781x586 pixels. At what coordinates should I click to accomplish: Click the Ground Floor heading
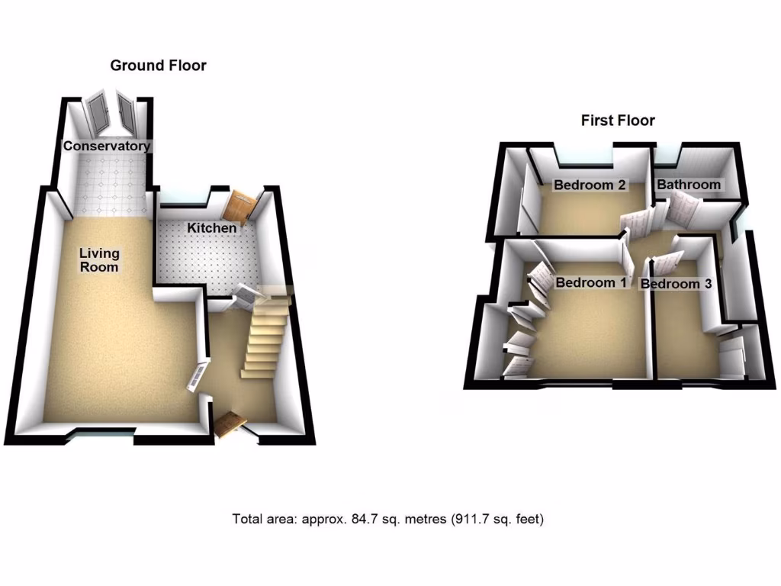point(158,66)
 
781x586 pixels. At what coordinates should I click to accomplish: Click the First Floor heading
point(618,121)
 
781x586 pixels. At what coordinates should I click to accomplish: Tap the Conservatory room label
point(107,146)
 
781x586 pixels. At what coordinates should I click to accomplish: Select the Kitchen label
point(212,227)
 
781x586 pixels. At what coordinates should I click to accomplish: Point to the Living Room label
point(100,260)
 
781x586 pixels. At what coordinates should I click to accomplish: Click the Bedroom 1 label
point(590,283)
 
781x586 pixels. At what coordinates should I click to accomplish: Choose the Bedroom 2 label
point(590,185)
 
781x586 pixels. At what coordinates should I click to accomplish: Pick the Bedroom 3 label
point(676,284)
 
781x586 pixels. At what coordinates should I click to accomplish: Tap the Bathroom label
point(689,185)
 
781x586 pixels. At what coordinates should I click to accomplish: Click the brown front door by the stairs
point(230,424)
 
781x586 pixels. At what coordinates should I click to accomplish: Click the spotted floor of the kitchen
point(206,259)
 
